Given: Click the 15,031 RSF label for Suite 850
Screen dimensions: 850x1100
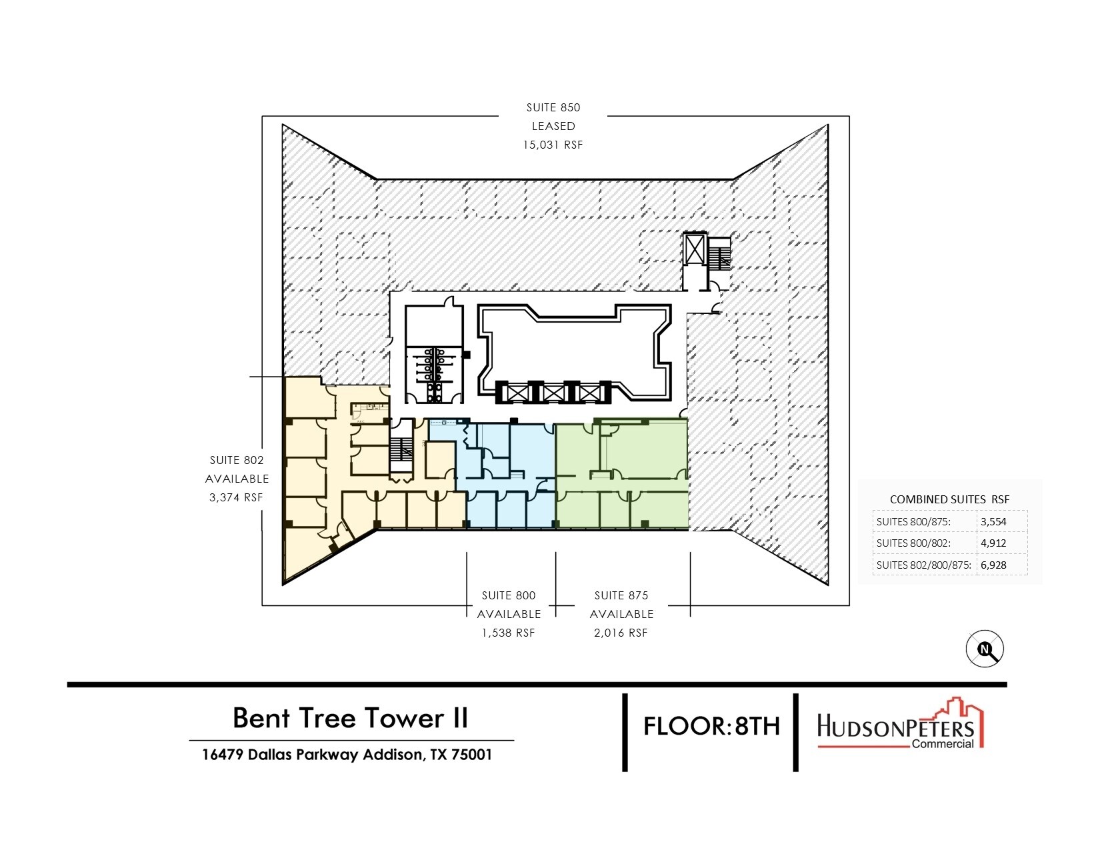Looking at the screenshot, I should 553,145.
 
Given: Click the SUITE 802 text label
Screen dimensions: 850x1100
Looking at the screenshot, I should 237,460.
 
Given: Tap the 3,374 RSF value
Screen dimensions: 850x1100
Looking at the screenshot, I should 236,497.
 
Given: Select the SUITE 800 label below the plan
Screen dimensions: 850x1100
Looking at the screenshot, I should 509,595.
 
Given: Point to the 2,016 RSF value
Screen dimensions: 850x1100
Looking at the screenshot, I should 621,633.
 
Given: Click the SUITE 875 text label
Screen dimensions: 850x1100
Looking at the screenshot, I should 621,595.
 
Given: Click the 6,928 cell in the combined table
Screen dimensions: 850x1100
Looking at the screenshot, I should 993,565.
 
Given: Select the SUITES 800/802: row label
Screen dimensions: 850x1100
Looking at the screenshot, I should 913,543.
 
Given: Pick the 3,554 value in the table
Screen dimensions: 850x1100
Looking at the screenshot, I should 993,521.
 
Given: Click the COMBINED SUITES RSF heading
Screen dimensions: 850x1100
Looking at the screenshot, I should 949,499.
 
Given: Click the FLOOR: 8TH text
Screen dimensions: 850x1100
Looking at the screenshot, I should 711,725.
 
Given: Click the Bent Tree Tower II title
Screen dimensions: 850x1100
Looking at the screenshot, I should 350,717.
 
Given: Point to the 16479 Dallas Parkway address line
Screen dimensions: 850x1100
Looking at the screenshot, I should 347,755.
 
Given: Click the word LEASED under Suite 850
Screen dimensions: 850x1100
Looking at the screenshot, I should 553,126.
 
